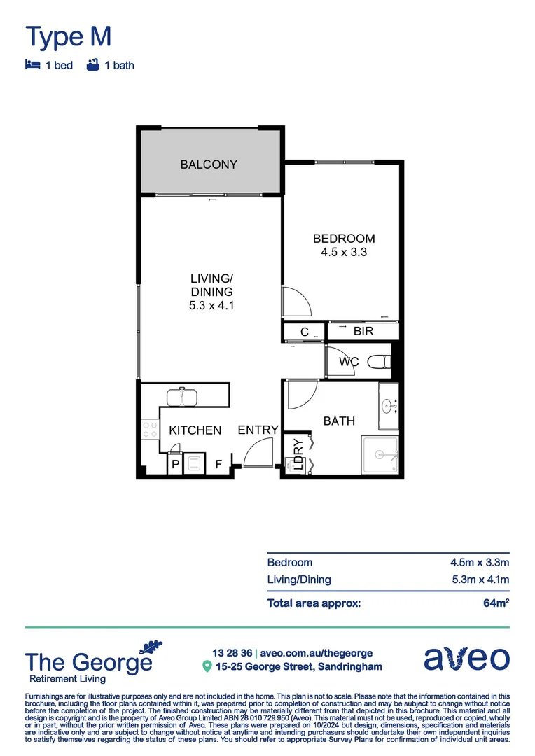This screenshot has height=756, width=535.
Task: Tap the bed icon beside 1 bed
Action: point(32,65)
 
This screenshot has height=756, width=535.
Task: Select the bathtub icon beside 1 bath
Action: point(91,65)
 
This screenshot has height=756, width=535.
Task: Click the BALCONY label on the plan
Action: point(209,164)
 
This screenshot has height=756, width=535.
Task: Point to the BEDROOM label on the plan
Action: point(343,239)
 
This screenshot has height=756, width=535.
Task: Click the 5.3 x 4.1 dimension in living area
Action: point(211,305)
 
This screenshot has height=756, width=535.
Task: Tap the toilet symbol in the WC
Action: point(379,363)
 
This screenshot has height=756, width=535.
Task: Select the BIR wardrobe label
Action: point(363,332)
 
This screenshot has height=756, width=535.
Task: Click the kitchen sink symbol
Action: point(182,397)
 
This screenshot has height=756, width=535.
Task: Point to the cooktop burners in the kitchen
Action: point(148,429)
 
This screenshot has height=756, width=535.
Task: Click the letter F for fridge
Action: point(218,463)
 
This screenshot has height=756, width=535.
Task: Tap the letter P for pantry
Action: point(174,463)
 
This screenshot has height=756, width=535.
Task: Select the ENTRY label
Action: point(258,430)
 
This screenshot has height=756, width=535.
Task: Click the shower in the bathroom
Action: point(380,455)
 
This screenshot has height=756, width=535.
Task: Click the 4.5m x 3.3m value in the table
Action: point(479,562)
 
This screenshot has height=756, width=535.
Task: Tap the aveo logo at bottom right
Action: point(466,658)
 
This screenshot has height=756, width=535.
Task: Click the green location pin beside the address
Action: point(207,666)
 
